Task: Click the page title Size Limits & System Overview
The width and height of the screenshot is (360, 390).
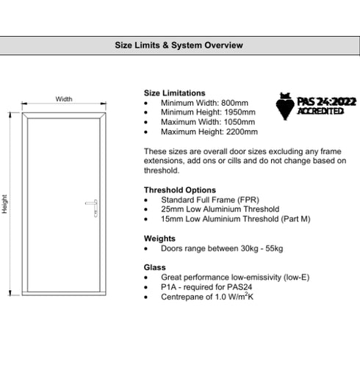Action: click(179, 46)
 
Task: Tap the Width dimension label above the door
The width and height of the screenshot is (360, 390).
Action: click(64, 99)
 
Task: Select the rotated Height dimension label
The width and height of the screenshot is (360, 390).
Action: click(5, 203)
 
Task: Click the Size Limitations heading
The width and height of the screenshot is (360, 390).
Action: click(174, 93)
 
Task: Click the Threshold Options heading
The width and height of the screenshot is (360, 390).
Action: click(179, 190)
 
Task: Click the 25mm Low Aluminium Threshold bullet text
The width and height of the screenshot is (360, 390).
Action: click(220, 209)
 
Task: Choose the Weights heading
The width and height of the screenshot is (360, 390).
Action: click(159, 239)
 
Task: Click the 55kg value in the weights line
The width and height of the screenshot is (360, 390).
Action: click(272, 248)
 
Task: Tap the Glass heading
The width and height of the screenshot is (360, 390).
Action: click(155, 267)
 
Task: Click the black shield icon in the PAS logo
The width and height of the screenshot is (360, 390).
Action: click(284, 107)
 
